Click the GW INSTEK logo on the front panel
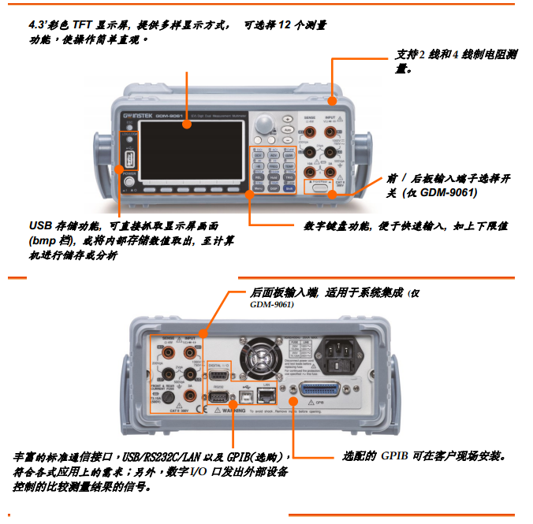coord(138,117)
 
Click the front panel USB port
coord(128,162)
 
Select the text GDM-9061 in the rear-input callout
coord(272,304)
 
